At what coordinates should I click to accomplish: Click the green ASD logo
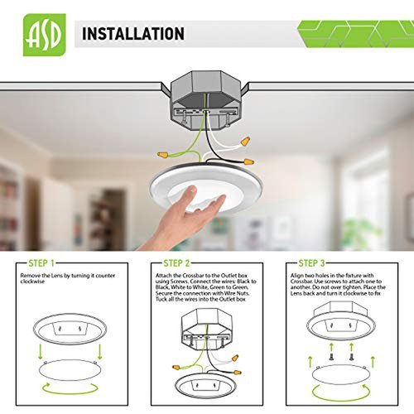pos(45,35)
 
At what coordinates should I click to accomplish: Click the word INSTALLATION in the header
pos(133,34)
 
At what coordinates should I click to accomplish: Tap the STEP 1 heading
pos(41,263)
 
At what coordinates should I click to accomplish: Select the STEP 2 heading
pos(176,263)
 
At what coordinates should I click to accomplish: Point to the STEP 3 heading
pos(311,263)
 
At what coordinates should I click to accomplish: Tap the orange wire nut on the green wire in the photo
pos(163,155)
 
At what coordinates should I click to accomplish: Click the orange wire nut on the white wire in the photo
pos(245,142)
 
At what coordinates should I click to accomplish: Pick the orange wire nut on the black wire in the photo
pos(248,161)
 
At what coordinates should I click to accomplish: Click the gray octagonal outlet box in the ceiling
pos(205,99)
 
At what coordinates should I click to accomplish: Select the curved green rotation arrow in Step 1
pos(70,388)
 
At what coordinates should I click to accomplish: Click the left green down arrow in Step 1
pos(41,351)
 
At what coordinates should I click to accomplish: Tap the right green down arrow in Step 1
pos(100,351)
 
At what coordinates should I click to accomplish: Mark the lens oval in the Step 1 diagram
pos(70,370)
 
